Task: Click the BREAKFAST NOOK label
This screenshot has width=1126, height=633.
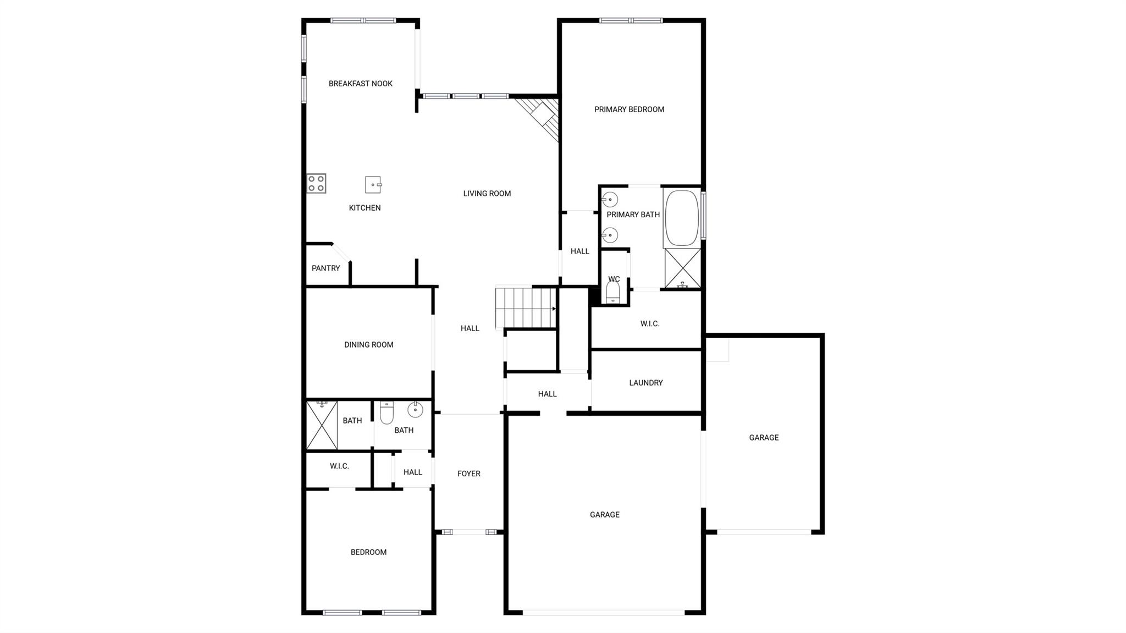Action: pos(360,84)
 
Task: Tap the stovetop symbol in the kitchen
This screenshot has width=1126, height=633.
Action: pos(316,183)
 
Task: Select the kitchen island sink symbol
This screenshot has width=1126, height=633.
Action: pos(373,185)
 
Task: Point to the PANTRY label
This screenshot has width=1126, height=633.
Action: pos(325,268)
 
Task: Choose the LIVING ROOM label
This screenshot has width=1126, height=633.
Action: pos(487,194)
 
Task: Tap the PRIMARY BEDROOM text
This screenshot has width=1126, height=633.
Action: pos(629,109)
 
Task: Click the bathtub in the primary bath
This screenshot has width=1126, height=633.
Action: pos(682,218)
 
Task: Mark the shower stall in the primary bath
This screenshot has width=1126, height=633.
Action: pos(682,268)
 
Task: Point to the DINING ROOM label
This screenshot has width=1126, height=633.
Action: pos(368,345)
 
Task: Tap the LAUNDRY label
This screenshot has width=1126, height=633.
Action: pos(645,383)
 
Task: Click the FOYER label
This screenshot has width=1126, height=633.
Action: pos(468,474)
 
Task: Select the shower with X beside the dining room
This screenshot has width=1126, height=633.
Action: pos(322,425)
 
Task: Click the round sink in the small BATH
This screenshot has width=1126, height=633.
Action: pos(415,409)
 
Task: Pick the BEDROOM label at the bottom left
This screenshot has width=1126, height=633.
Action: pos(368,552)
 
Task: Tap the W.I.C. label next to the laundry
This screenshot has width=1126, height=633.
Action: pos(649,324)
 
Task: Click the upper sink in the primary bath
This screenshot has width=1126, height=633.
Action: pos(610,199)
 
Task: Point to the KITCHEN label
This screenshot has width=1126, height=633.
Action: pos(365,208)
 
